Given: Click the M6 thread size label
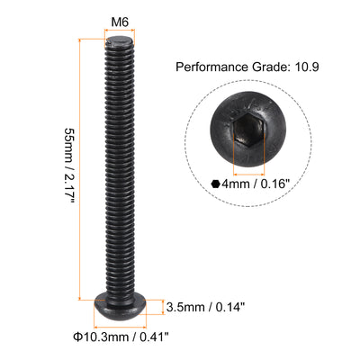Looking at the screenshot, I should (x=120, y=20).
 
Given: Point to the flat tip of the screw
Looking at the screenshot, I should (x=120, y=42).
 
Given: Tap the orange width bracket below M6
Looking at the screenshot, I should (x=120, y=33).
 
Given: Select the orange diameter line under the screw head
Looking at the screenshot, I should (x=121, y=328).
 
